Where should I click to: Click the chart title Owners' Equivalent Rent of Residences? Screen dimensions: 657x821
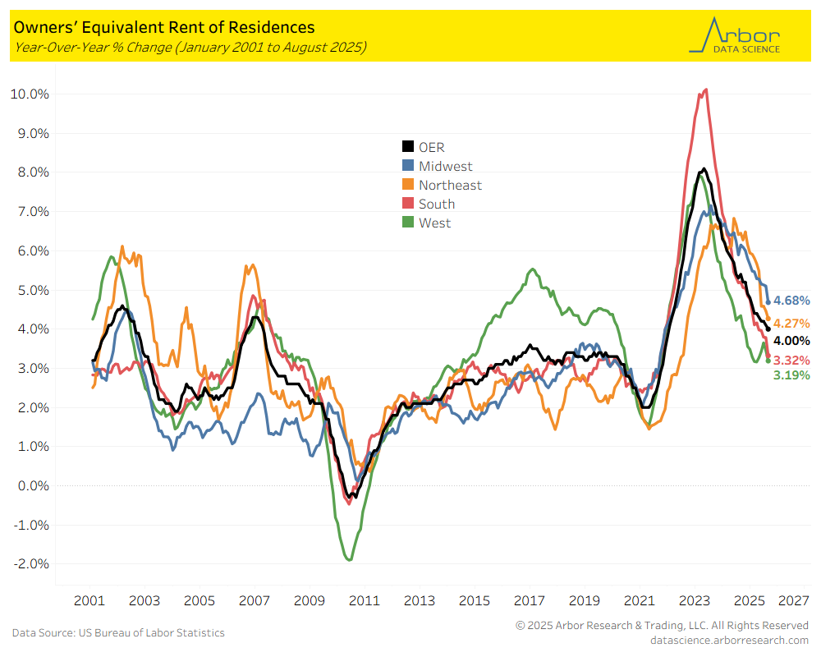(163, 28)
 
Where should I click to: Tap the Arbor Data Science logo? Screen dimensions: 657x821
(735, 36)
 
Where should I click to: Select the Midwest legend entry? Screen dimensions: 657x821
(445, 167)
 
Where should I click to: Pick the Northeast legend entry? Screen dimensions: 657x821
(450, 186)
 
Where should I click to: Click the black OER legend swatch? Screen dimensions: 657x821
(407, 148)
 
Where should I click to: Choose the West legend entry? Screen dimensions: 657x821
(434, 223)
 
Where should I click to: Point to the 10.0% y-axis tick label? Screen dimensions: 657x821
(30, 94)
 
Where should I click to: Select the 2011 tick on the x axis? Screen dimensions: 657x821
(365, 600)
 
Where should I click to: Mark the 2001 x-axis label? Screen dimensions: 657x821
(89, 600)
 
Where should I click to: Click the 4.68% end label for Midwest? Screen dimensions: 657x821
(791, 301)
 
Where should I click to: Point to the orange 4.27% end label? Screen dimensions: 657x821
(791, 324)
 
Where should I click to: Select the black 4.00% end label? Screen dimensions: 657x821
(791, 341)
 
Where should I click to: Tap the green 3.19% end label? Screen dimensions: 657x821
(791, 375)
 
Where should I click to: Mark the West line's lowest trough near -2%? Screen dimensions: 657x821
(350, 560)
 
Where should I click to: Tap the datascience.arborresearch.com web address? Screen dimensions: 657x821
(729, 640)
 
